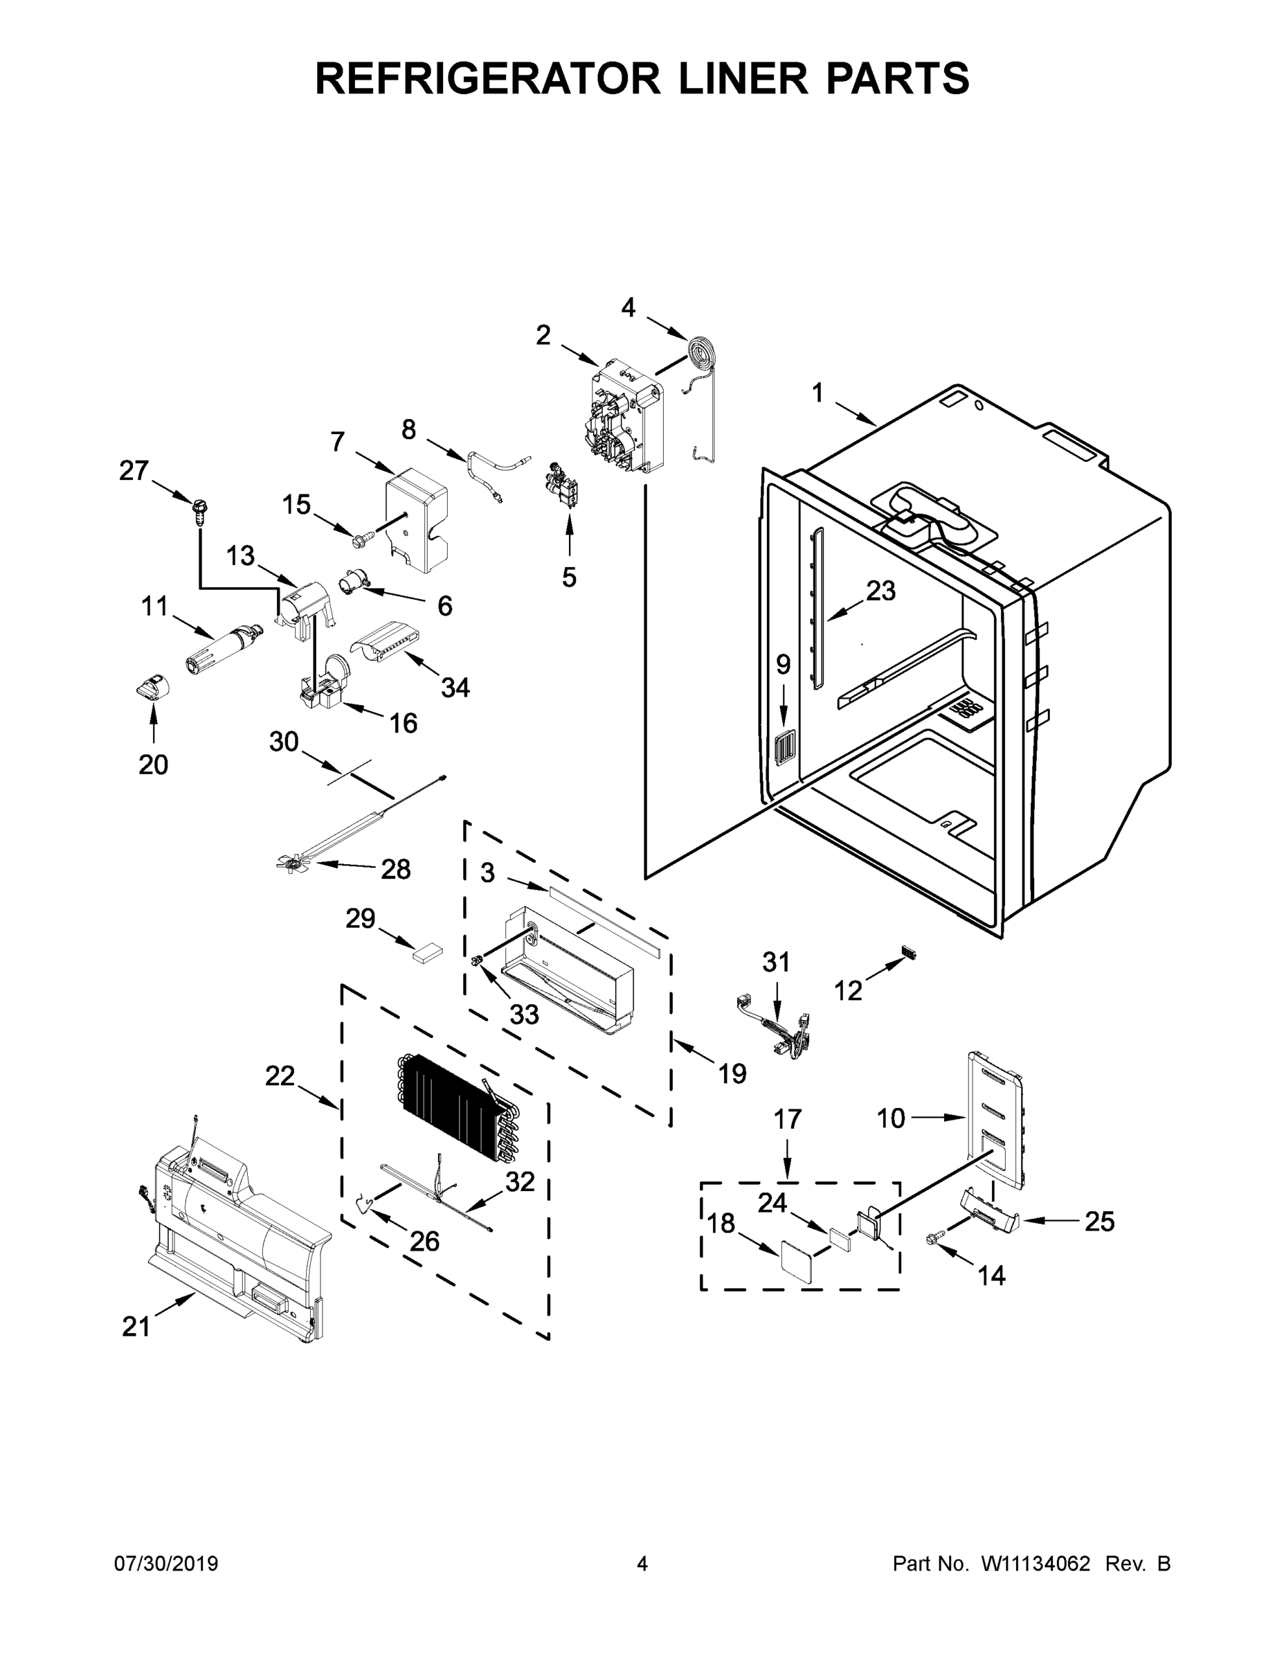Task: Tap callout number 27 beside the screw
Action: pyautogui.click(x=134, y=471)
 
